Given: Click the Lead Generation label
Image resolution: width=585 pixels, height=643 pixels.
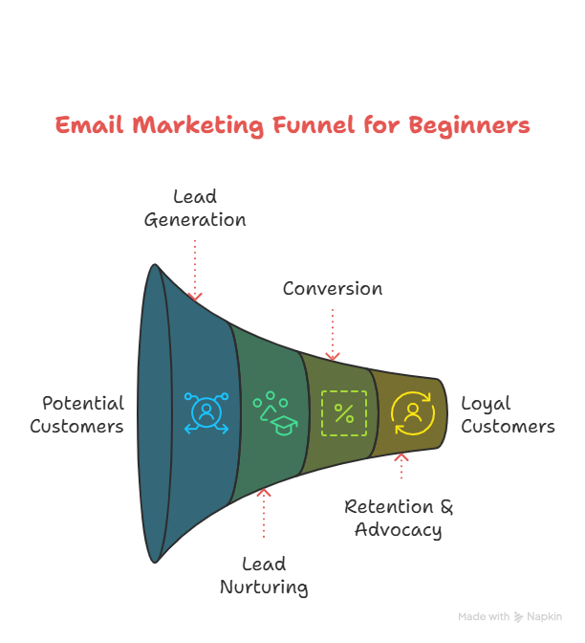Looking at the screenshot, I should pyautogui.click(x=195, y=208).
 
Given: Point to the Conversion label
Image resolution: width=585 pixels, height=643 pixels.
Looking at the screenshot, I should pyautogui.click(x=332, y=288).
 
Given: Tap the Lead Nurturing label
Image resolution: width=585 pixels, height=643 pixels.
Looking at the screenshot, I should pyautogui.click(x=264, y=575).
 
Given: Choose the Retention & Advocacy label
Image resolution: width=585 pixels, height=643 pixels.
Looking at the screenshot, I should pyautogui.click(x=399, y=518).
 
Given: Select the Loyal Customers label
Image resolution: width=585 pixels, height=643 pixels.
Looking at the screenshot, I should pyautogui.click(x=508, y=414).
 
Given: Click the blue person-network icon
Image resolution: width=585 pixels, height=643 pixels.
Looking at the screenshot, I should pyautogui.click(x=206, y=413).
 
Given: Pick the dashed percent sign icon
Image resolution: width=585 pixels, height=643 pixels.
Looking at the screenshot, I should pyautogui.click(x=343, y=413).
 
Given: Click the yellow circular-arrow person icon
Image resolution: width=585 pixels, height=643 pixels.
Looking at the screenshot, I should pyautogui.click(x=412, y=413).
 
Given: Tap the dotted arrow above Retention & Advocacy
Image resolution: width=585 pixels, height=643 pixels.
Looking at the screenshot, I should pyautogui.click(x=401, y=467).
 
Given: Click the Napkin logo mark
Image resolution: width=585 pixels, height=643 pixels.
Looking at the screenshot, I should pyautogui.click(x=519, y=617).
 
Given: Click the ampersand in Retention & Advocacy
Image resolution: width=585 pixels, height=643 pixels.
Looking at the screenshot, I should pyautogui.click(x=445, y=506).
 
